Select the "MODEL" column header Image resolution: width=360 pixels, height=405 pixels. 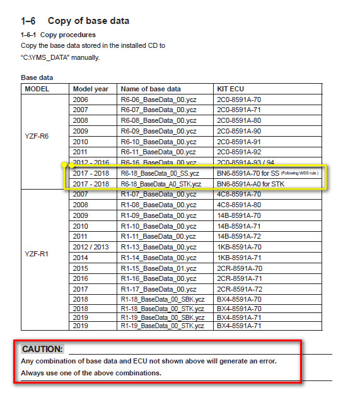click(x=37, y=89)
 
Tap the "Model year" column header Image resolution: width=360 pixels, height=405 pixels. click(x=91, y=89)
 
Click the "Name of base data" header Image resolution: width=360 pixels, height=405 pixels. click(x=151, y=89)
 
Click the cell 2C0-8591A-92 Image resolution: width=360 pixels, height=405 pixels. click(x=238, y=152)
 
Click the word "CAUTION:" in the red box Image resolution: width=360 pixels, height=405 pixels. click(x=42, y=349)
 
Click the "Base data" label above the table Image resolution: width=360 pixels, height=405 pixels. click(x=37, y=77)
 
